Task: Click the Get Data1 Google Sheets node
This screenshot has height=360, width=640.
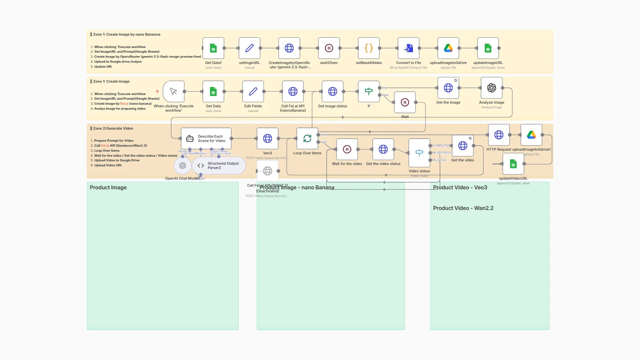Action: coord(213,48)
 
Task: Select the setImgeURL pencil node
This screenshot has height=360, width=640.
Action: coord(249,48)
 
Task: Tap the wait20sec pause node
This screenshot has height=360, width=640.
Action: coord(329,48)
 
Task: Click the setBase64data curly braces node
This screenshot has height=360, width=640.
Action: coord(368,48)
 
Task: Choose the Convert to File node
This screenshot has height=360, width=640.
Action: coord(408,48)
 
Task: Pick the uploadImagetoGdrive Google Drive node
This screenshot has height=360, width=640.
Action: coord(448,48)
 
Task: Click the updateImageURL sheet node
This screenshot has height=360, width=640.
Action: coord(488,48)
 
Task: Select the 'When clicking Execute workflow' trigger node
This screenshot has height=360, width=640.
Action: coord(173,91)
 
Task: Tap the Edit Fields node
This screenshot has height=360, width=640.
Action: coord(253,91)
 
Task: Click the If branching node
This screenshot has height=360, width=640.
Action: coord(368,91)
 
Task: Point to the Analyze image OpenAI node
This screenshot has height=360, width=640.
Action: coord(491,88)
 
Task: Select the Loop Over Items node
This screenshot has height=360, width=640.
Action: coord(307,138)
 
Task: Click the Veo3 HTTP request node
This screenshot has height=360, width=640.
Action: coord(267,138)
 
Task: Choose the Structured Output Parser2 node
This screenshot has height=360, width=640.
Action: coord(219,166)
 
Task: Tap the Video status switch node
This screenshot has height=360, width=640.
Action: coord(419,153)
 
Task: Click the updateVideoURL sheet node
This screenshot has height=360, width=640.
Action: coord(513,164)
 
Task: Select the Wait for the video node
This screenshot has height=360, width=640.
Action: coord(347,149)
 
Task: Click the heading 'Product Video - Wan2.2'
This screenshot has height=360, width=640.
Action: coord(463,208)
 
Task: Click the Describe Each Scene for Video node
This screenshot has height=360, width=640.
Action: coord(206,138)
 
